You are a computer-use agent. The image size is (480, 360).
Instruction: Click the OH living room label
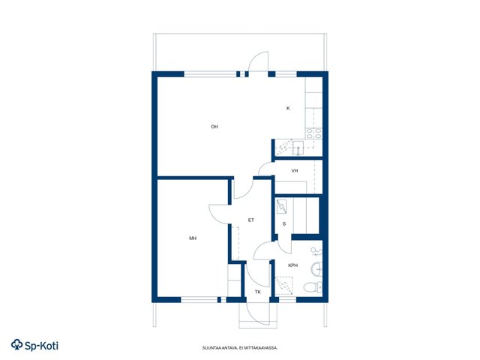[x=214, y=127]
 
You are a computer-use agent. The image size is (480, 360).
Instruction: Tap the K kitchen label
[x=288, y=108]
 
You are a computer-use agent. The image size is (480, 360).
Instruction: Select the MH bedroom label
[x=193, y=238]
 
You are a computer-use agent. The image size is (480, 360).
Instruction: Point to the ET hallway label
[x=251, y=220]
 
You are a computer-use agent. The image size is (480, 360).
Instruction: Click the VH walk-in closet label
[x=295, y=171]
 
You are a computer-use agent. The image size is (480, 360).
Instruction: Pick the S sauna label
[x=284, y=224]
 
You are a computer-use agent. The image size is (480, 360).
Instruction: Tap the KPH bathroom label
[x=293, y=265]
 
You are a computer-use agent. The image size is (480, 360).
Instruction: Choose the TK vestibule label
[x=258, y=292]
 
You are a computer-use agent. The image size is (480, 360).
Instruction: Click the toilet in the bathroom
[x=313, y=287]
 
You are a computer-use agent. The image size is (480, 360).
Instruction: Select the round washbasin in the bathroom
[x=316, y=269]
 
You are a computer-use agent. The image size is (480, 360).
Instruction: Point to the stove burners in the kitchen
[x=313, y=133]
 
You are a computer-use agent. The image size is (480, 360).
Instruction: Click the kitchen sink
[x=298, y=148]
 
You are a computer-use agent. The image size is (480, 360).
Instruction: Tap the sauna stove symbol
[x=281, y=206]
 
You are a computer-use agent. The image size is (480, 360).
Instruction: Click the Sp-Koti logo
[x=34, y=345]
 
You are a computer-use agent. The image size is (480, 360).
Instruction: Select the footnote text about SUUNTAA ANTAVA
[x=240, y=348]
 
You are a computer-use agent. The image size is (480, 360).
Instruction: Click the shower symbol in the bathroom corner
[x=283, y=286]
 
